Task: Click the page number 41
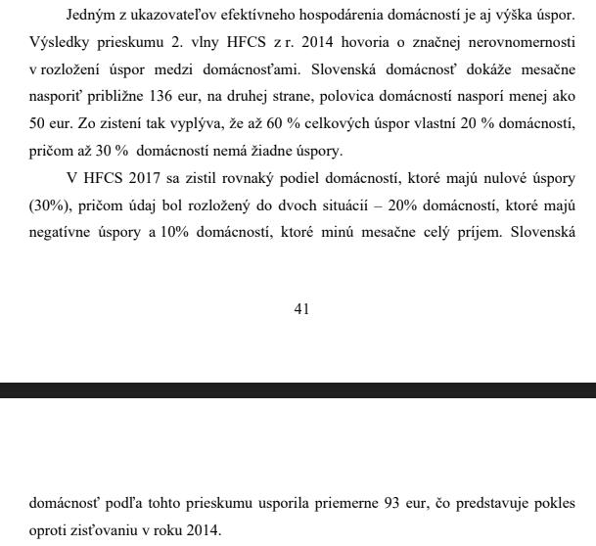pyautogui.click(x=301, y=309)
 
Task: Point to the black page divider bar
pyautogui.click(x=298, y=390)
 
